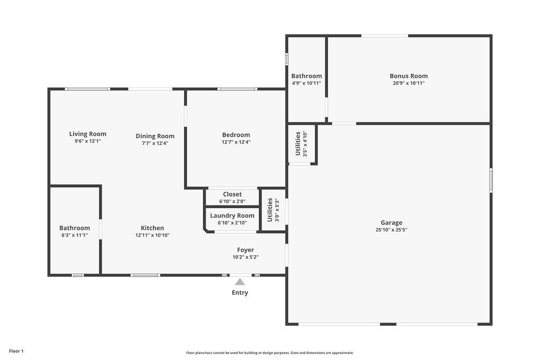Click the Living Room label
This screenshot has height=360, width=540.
[x=88, y=134]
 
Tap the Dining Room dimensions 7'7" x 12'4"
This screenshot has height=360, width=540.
[x=155, y=143]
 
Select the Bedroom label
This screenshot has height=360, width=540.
[x=236, y=135]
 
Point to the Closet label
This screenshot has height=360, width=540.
[x=233, y=194]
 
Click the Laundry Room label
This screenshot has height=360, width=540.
[x=232, y=216]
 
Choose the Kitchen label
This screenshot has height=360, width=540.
[x=152, y=228]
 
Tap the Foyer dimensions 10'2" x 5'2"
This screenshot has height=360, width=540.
[x=246, y=257]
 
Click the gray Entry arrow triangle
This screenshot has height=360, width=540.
[x=240, y=282]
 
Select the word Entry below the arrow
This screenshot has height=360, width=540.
[x=240, y=293]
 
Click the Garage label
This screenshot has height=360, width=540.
[x=392, y=222]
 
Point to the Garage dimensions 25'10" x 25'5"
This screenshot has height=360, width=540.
[x=392, y=230]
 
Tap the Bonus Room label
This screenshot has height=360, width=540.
[x=409, y=76]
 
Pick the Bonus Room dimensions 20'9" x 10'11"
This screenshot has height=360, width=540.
[x=409, y=83]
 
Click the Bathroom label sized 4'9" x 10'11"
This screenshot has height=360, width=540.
[x=306, y=76]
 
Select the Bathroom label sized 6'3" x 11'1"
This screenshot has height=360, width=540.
[x=74, y=228]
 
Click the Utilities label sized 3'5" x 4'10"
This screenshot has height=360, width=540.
[x=298, y=143]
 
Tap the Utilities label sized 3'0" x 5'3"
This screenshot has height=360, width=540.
[x=270, y=210]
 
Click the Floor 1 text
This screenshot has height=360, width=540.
[x=16, y=351]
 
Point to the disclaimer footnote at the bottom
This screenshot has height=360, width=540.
[x=270, y=353]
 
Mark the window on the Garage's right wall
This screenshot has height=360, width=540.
[x=491, y=180]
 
